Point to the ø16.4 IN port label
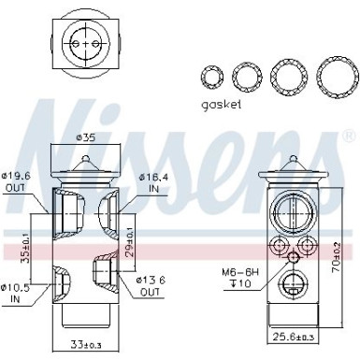(153, 180)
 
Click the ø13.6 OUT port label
(153, 284)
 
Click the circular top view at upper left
(85, 42)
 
